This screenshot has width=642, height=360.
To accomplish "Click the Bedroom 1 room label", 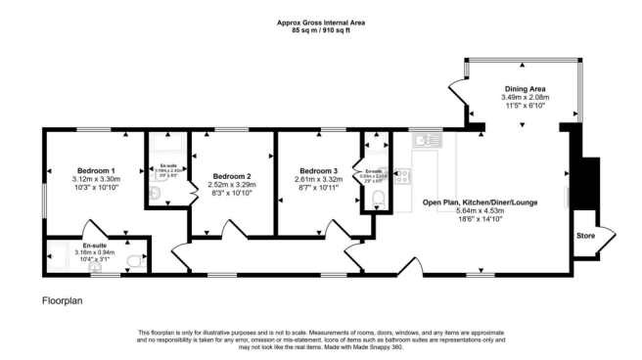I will (x=95, y=169).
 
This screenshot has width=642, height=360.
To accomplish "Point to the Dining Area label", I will (x=525, y=88).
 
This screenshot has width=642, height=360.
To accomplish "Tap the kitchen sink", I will (x=425, y=141).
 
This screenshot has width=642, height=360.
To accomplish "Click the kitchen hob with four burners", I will (x=402, y=177).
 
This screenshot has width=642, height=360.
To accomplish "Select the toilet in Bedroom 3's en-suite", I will (x=379, y=202).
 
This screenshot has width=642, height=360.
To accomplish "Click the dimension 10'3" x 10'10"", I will (x=95, y=189).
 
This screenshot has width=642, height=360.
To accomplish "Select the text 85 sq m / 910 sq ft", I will (x=320, y=31).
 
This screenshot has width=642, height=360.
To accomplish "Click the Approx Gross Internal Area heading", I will (x=320, y=22).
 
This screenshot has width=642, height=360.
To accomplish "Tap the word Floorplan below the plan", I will (x=63, y=301).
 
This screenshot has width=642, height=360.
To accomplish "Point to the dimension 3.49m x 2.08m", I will (x=525, y=97).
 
